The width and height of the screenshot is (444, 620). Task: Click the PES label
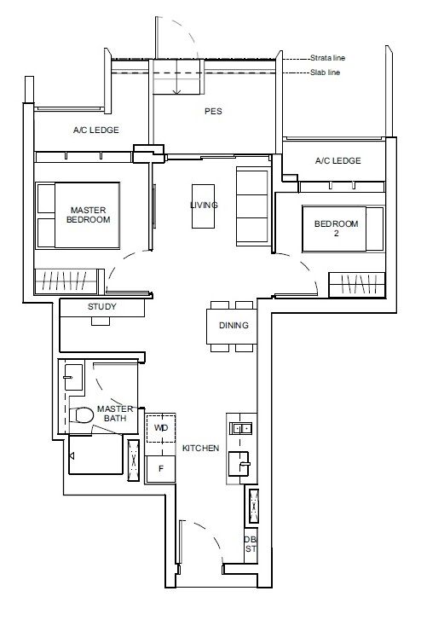pos(213,112)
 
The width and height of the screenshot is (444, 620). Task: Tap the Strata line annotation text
pos(327,58)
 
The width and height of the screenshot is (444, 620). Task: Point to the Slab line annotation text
pos(325,72)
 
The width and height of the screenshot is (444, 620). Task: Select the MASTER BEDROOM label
pos(88,215)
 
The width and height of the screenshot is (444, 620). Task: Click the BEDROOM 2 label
pos(336,229)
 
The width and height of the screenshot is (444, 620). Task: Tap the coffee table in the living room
pos(204,206)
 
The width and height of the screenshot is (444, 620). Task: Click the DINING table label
pos(234,326)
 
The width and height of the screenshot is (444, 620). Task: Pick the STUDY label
pos(102,306)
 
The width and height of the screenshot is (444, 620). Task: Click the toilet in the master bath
pos(81,415)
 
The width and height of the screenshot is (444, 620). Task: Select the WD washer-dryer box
pos(161,428)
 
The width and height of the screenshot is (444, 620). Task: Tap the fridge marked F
pos(160,469)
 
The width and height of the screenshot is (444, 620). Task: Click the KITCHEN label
pos(200,449)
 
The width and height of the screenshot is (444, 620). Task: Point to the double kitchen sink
pos(241,428)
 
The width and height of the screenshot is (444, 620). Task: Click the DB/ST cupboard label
pos(251,544)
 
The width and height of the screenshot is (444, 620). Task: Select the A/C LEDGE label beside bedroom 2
pos(338,161)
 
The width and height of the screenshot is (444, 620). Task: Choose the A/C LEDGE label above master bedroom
pos(96,130)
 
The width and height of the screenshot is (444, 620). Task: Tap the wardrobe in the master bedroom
pos(66,281)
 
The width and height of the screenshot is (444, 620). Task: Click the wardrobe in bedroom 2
pos(357,285)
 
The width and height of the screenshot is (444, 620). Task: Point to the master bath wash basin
pos(73,377)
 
